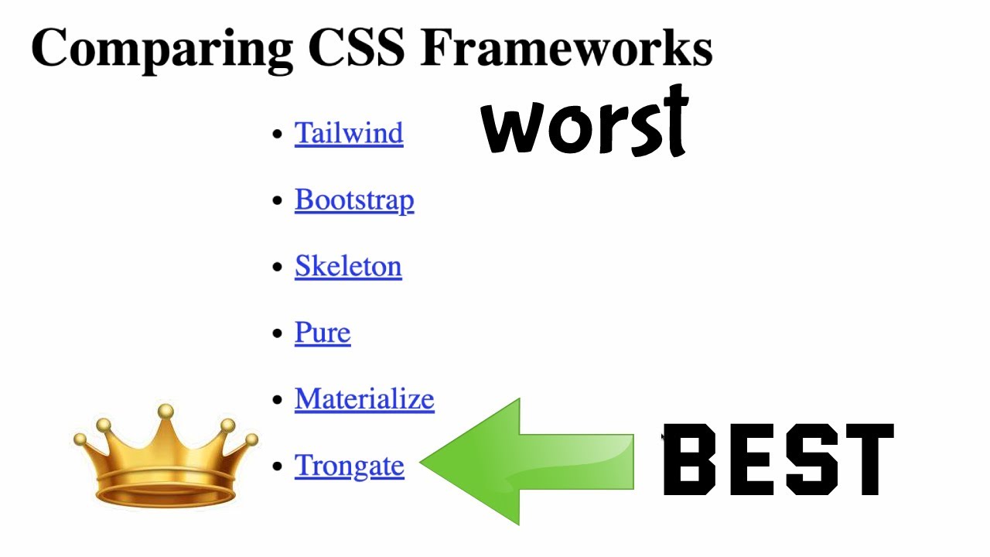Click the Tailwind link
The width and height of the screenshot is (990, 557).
(349, 133)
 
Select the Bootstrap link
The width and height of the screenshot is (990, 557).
(354, 200)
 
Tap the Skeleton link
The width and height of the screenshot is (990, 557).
(348, 266)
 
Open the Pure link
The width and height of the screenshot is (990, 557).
(323, 333)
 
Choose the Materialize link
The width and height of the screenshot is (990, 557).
(364, 399)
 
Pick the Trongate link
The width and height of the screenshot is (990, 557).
(350, 466)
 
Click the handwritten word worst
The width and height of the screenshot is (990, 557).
(585, 124)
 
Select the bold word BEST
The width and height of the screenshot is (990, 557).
(778, 460)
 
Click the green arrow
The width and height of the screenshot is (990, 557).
(534, 462)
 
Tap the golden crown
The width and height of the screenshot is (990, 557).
(166, 460)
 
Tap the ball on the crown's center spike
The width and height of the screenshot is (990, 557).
(165, 412)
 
